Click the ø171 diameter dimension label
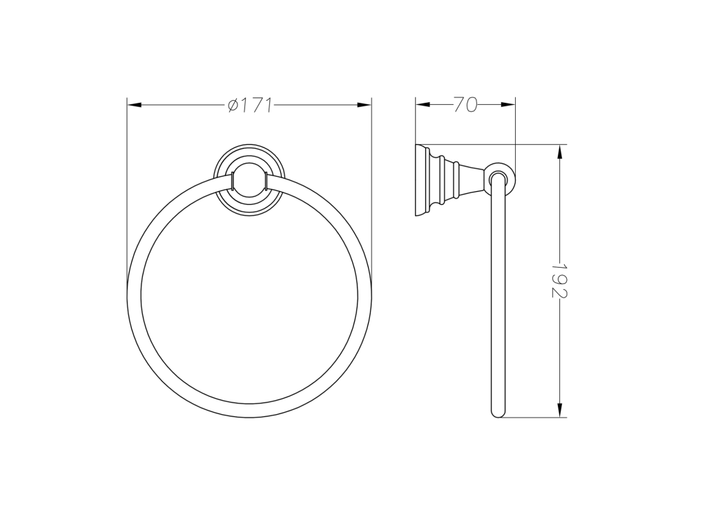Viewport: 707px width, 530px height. click(x=250, y=105)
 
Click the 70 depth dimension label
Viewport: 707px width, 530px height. click(x=465, y=105)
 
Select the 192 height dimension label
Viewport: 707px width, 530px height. click(x=559, y=281)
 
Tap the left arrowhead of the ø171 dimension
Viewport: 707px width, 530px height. click(x=135, y=105)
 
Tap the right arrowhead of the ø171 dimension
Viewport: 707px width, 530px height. click(x=364, y=105)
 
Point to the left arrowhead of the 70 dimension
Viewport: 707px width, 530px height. click(x=423, y=105)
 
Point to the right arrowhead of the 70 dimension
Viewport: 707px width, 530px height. click(x=507, y=105)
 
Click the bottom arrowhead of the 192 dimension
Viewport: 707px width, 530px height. click(x=559, y=410)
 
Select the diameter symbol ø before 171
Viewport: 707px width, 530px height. click(x=233, y=105)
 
